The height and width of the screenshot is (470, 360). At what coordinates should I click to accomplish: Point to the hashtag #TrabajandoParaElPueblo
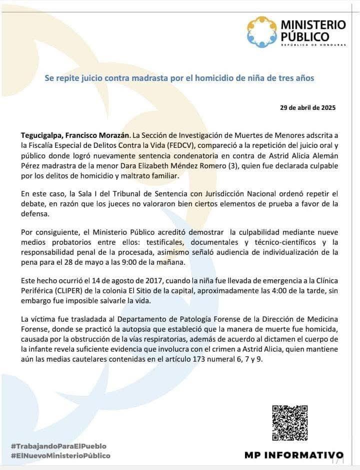coord(58,446)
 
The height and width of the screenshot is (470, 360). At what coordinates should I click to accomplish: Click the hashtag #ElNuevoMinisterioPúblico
coord(60,456)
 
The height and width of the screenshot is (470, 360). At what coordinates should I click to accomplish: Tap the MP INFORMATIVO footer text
coord(293,455)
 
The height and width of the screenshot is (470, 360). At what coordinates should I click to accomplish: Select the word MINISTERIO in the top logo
coord(313,24)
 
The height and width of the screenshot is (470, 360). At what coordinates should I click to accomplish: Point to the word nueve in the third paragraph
coord(329,232)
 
